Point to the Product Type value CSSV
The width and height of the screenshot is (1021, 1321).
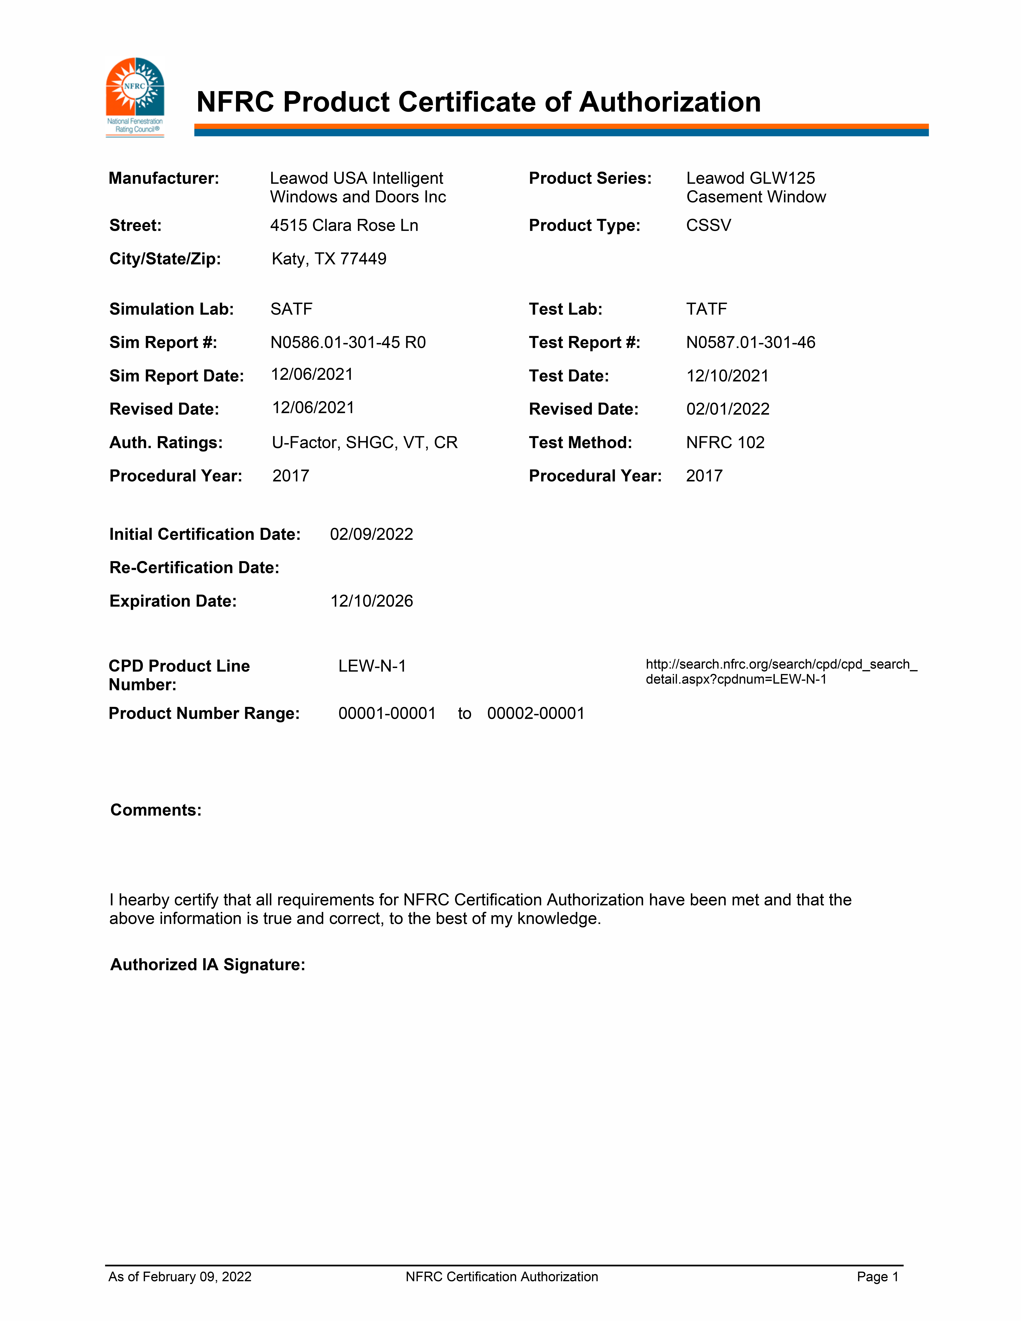tap(708, 226)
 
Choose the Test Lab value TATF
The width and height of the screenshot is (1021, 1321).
tap(706, 309)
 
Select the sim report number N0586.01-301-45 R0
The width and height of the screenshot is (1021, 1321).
tap(348, 342)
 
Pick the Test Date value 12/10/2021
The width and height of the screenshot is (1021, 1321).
tap(727, 376)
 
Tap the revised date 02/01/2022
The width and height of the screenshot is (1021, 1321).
tap(728, 409)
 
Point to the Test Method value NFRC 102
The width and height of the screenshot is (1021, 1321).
tap(725, 442)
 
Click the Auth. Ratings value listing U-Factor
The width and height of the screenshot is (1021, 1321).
tap(365, 442)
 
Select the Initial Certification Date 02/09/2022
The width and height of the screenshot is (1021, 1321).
tap(371, 534)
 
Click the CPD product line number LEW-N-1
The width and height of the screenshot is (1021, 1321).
tap(372, 666)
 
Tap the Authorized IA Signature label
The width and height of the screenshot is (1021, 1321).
tap(208, 964)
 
